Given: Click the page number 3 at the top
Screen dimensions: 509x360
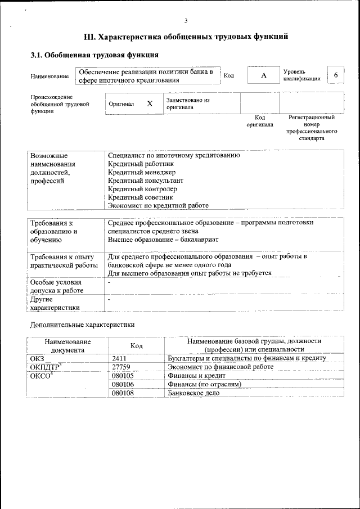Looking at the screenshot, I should (x=186, y=20).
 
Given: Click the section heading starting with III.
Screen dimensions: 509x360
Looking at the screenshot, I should (x=186, y=37).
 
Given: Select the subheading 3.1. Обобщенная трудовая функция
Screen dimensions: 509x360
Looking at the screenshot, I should (x=94, y=55).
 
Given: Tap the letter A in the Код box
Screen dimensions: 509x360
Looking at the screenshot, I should (x=263, y=75).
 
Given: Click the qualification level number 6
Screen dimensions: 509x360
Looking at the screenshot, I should (x=336, y=75).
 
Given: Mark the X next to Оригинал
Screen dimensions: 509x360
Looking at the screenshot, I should (x=150, y=103).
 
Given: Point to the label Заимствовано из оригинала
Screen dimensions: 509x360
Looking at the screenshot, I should (x=187, y=103).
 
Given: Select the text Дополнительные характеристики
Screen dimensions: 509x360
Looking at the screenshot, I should (x=82, y=325).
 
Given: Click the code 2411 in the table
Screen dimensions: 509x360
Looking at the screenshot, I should (x=120, y=358).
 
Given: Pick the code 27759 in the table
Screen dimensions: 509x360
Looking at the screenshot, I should (x=121, y=367).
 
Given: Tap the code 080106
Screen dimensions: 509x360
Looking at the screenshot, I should (x=123, y=384).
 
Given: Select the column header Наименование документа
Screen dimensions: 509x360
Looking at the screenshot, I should (x=67, y=345).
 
